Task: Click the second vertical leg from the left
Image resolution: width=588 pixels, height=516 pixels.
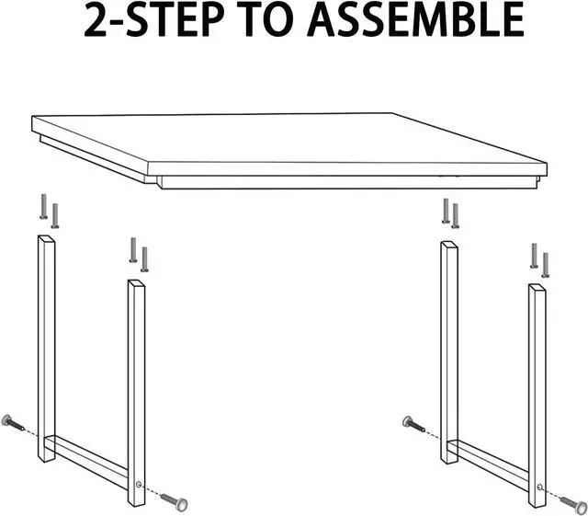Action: [x=136, y=386]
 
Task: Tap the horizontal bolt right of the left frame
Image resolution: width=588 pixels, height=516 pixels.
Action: [x=173, y=500]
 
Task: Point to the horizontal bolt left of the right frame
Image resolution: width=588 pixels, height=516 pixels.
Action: [x=415, y=424]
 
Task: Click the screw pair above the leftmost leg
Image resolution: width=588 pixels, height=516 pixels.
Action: [x=49, y=211]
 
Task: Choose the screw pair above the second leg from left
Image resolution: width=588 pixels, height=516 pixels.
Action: [x=139, y=254]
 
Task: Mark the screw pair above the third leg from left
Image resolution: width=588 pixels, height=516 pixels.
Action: [x=450, y=213]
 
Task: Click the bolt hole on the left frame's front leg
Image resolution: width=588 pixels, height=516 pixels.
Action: [x=138, y=485]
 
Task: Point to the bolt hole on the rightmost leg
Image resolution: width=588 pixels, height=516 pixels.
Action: [x=539, y=488]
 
